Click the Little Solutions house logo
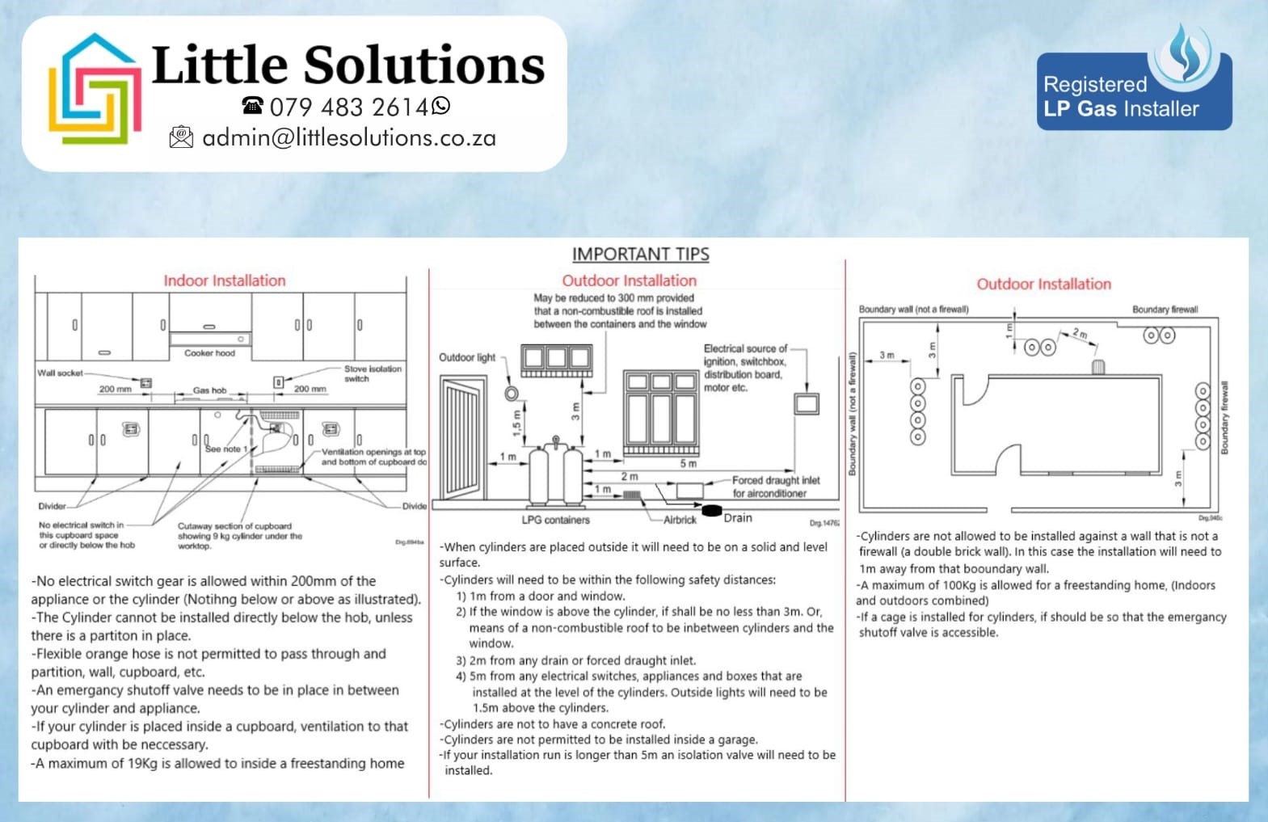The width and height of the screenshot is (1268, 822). (x=95, y=89)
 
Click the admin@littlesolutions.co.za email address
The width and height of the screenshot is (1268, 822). (x=348, y=138)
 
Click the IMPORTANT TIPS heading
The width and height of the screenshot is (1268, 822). (x=640, y=255)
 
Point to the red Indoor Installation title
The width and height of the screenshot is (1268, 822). (x=225, y=281)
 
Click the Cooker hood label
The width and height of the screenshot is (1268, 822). (x=209, y=353)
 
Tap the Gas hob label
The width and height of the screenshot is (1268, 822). (x=209, y=390)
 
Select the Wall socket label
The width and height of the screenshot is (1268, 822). (x=60, y=373)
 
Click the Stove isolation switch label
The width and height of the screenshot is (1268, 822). (x=373, y=373)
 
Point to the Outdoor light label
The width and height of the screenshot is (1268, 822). (x=467, y=357)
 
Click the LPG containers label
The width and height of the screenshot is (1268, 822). (x=555, y=520)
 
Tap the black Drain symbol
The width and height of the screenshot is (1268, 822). (x=711, y=511)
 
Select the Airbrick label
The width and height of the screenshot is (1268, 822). (x=680, y=520)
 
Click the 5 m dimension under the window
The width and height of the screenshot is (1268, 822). (x=688, y=464)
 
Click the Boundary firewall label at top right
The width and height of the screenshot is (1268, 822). (x=1165, y=310)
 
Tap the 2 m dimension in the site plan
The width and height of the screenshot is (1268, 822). (x=1081, y=334)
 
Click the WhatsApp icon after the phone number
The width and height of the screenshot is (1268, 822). (x=441, y=106)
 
